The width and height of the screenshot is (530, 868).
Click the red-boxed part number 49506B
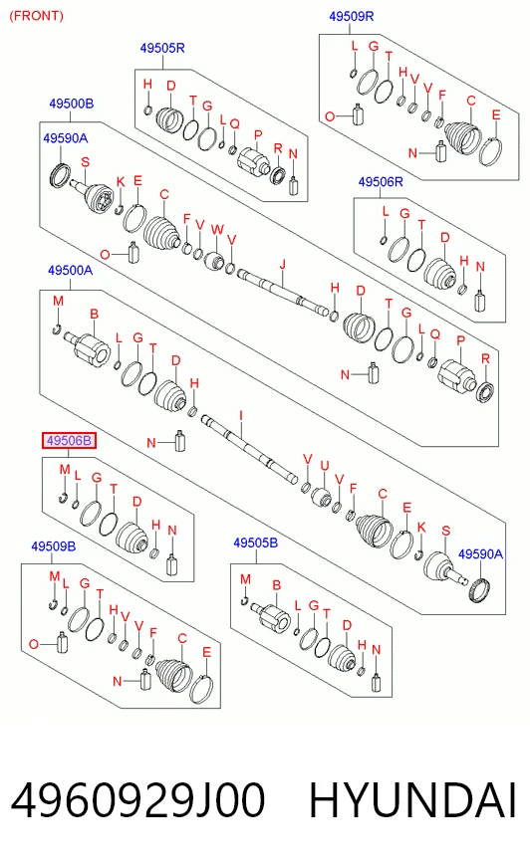(x=69, y=441)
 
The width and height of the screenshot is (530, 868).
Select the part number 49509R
(x=351, y=16)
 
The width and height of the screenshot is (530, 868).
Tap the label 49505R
(x=162, y=48)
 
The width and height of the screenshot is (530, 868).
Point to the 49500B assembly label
(x=72, y=104)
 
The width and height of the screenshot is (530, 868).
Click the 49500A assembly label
(x=71, y=270)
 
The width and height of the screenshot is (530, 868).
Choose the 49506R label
(x=381, y=181)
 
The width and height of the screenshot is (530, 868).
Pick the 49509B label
(x=53, y=546)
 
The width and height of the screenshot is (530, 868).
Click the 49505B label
(x=255, y=543)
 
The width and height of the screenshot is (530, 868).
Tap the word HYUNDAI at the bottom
(x=412, y=800)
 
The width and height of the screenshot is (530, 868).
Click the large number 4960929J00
(x=137, y=800)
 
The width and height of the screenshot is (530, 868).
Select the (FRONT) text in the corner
(x=37, y=16)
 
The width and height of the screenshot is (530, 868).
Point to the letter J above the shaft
(x=283, y=264)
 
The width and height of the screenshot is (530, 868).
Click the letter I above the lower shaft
(x=241, y=416)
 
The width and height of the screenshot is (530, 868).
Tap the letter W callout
(x=217, y=230)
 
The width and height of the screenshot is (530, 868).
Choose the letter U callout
(x=325, y=466)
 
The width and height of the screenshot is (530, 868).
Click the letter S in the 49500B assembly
(x=85, y=162)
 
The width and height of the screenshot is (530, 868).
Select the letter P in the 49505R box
(x=257, y=135)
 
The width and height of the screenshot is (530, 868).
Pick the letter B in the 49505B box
(x=276, y=585)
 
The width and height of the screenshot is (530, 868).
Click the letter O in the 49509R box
(x=330, y=116)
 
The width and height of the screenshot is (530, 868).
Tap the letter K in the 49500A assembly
(x=421, y=528)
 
